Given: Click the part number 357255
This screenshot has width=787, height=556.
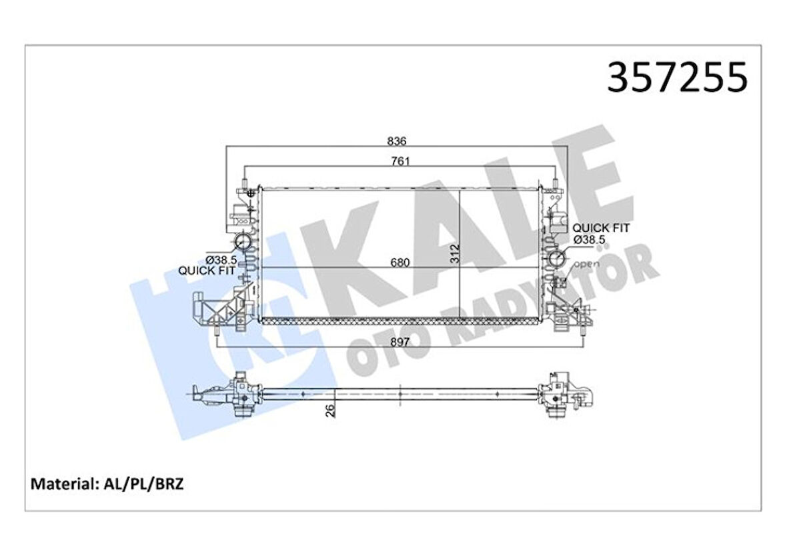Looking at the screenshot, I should [x=676, y=78].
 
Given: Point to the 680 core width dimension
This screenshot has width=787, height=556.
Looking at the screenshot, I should [x=400, y=262].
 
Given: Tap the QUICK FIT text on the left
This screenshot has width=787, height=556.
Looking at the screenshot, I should [x=206, y=271].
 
